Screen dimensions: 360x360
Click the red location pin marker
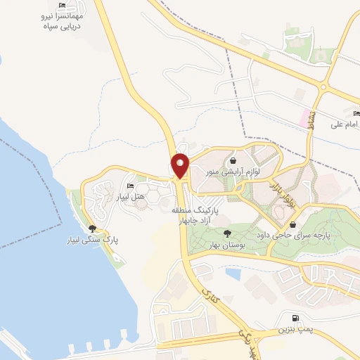[180, 166]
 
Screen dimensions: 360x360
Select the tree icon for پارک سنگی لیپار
[92, 228]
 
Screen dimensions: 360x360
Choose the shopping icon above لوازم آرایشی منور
[231, 161]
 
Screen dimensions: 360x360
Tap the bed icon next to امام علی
[356, 113]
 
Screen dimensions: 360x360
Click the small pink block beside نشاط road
[306, 114]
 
